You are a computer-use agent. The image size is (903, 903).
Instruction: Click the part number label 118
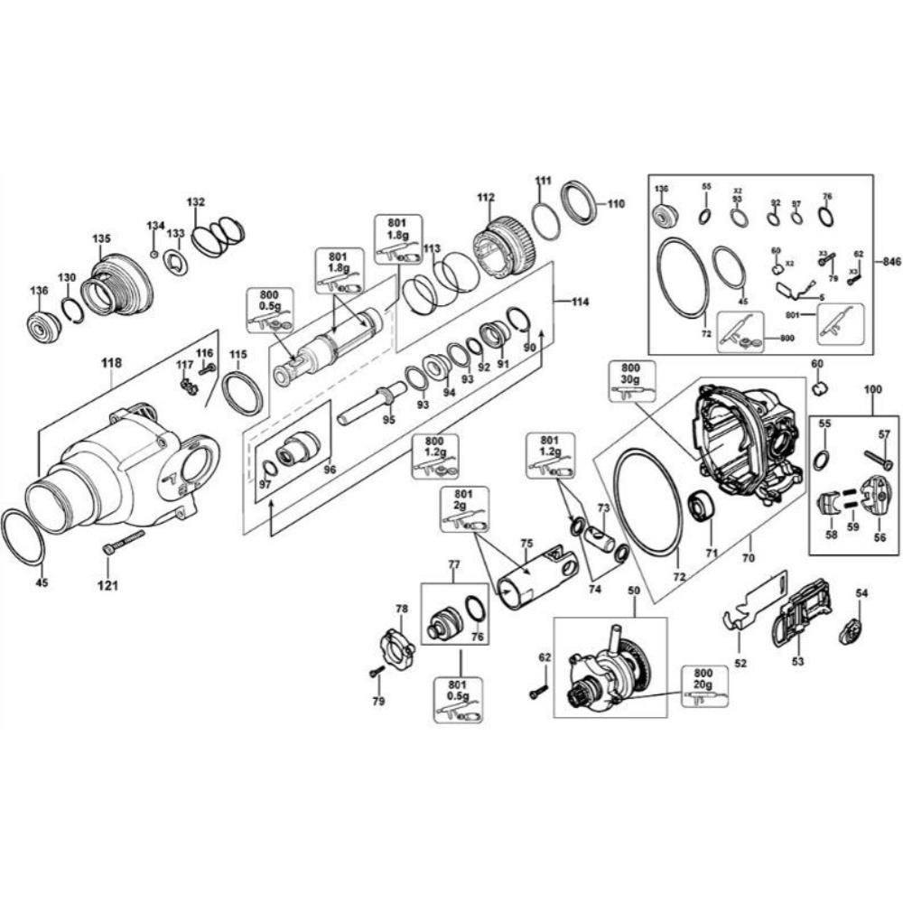(x=111, y=362)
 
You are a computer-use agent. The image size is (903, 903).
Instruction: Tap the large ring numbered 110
(x=579, y=201)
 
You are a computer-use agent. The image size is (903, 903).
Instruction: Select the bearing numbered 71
(x=703, y=507)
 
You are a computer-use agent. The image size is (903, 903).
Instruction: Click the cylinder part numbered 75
(x=540, y=578)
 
